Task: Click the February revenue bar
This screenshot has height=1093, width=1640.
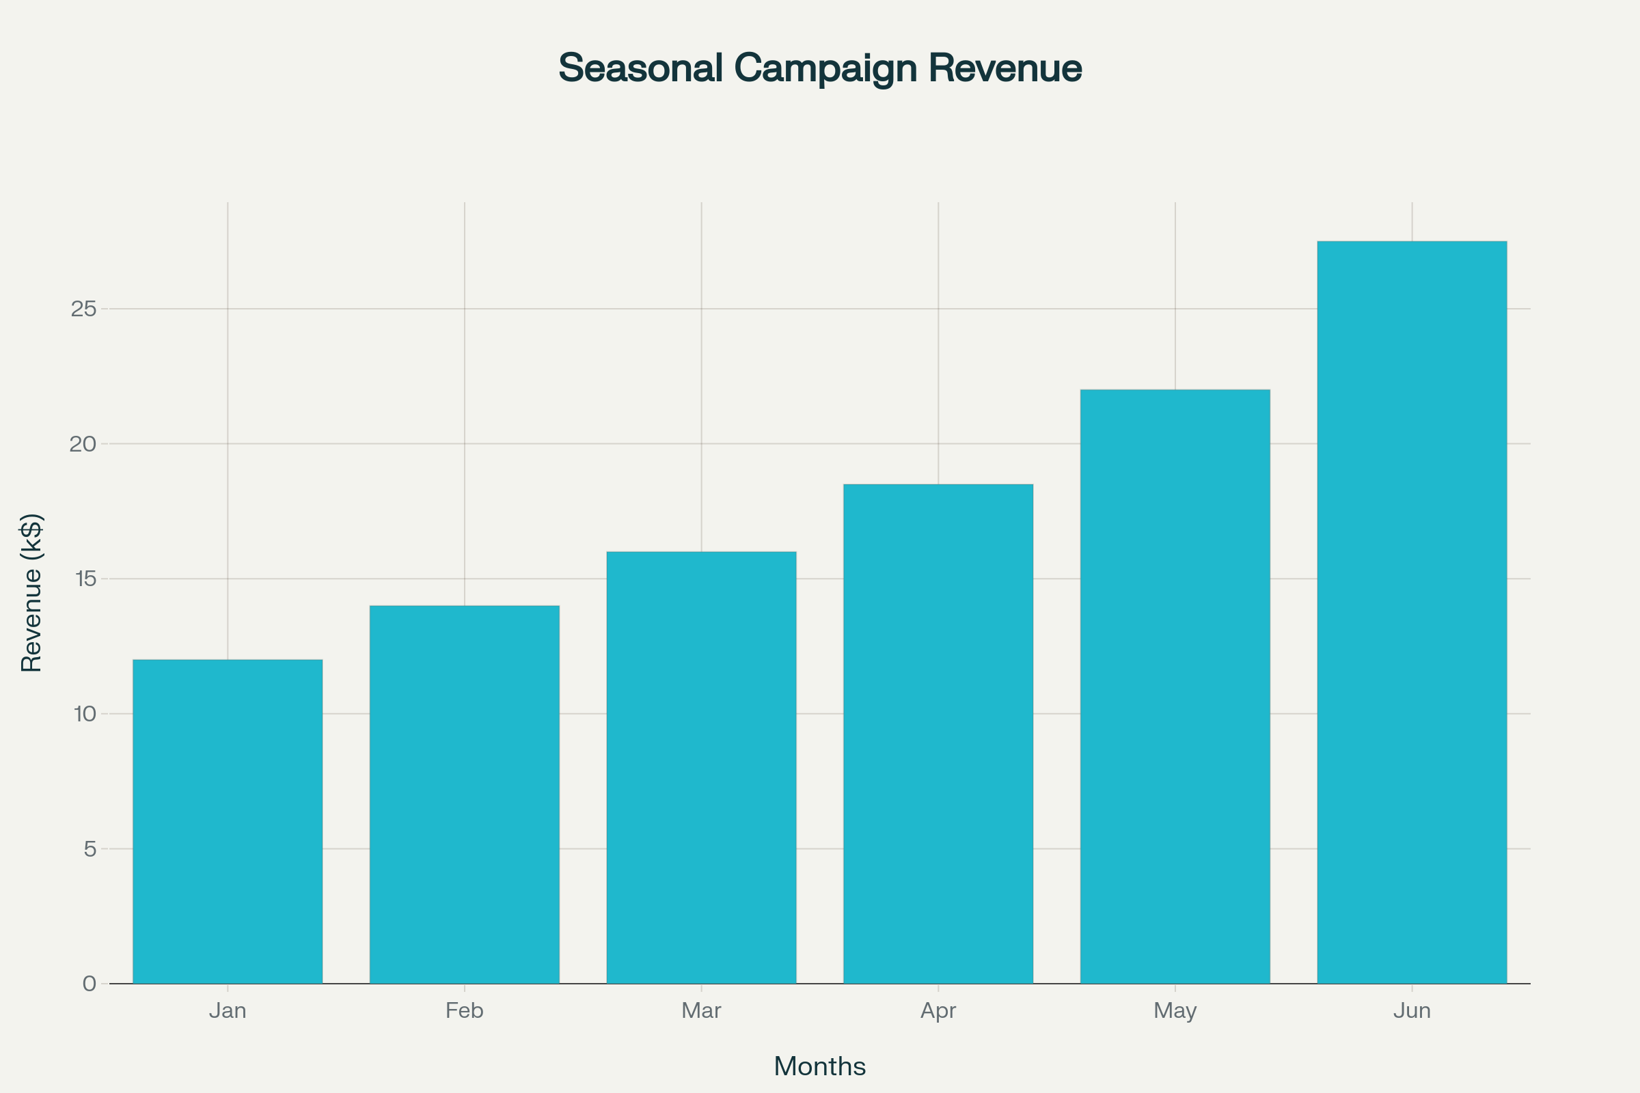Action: pos(465,794)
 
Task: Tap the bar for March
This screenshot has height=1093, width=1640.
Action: pos(702,767)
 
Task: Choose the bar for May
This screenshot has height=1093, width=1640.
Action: pos(1175,687)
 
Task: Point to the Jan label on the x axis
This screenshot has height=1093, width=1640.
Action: pos(228,1011)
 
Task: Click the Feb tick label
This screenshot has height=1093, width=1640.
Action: pos(465,1011)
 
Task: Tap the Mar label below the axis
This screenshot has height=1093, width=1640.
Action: pos(702,1011)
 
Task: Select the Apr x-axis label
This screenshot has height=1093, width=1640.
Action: pos(938,1011)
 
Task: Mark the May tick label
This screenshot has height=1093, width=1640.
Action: pos(1175,1011)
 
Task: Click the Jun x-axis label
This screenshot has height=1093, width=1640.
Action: pos(1412,1011)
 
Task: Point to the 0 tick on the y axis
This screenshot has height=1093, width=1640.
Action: pos(90,984)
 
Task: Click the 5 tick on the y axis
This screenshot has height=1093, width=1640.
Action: pos(90,849)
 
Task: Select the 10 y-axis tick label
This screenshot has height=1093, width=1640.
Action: pos(85,714)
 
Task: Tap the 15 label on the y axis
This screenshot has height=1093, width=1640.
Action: pos(85,579)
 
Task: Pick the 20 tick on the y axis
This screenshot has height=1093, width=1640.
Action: pos(83,444)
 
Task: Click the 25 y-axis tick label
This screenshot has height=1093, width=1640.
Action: pos(83,309)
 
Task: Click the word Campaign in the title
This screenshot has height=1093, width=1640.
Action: pos(825,68)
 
